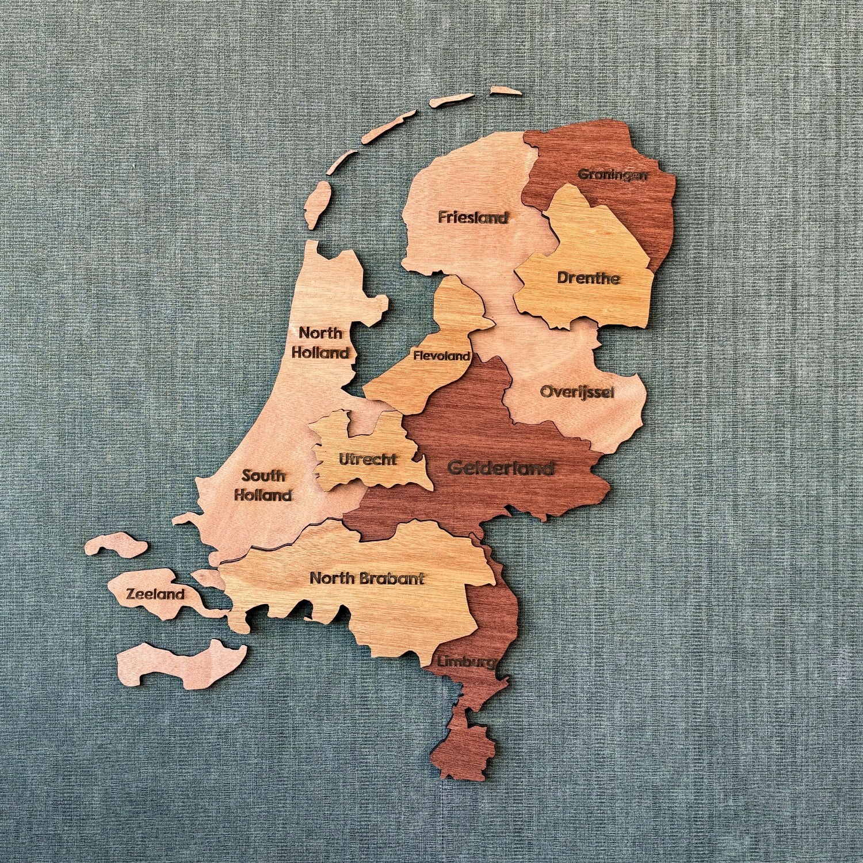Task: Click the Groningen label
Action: click(x=612, y=174)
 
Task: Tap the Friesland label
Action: click(x=473, y=217)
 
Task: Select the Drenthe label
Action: click(x=589, y=278)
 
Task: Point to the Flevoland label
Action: click(x=442, y=356)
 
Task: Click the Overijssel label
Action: click(x=577, y=392)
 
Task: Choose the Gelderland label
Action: click(x=501, y=468)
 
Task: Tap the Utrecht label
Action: click(x=368, y=460)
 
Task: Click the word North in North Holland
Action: click(x=320, y=333)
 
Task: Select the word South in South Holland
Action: click(x=264, y=476)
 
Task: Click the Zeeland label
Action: click(x=155, y=594)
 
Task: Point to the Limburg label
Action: click(x=465, y=662)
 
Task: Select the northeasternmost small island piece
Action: click(x=507, y=91)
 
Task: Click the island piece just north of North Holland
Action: click(x=317, y=206)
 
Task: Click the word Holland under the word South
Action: click(x=264, y=495)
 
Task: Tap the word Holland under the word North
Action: click(x=320, y=352)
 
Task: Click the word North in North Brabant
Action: click(x=331, y=578)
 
